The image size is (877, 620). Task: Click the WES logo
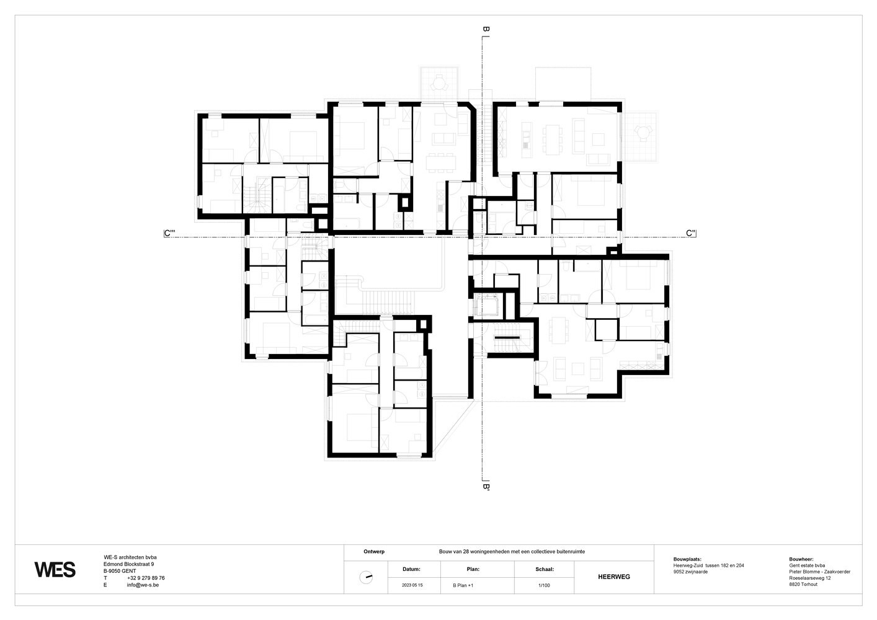point(55,570)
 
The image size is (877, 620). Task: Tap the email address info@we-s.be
point(143,585)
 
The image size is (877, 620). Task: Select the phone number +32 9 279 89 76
point(146,578)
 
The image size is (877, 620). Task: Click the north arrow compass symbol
point(366,577)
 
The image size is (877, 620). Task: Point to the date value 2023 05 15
point(412,585)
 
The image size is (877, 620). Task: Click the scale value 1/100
point(544,585)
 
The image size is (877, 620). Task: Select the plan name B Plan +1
point(463,585)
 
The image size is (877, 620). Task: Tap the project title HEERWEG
point(614,577)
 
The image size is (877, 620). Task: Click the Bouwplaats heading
point(687,559)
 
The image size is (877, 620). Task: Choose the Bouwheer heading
point(801,559)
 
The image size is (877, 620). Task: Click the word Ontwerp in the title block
point(374,551)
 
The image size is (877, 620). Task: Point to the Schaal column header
point(545,569)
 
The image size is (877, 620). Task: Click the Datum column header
point(411,569)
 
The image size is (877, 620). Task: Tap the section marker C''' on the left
point(169,233)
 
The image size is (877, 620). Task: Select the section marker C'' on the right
point(691,233)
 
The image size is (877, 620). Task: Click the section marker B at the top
point(486,29)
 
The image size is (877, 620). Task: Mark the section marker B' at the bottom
point(486,487)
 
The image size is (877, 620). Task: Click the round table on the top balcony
point(439,82)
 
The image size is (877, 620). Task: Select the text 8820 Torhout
point(803,584)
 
